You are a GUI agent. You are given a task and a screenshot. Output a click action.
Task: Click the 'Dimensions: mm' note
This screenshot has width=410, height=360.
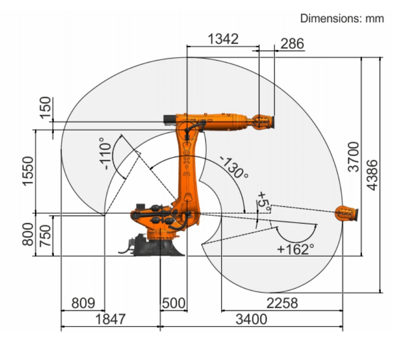click(342, 19)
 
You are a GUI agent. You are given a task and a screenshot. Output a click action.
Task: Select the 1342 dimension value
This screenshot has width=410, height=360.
click(223, 39)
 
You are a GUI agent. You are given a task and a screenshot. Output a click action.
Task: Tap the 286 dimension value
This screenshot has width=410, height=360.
click(292, 44)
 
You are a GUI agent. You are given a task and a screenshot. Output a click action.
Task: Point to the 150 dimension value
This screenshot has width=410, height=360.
click(45, 108)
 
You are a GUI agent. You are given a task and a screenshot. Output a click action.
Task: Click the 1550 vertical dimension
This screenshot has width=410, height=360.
click(28, 171)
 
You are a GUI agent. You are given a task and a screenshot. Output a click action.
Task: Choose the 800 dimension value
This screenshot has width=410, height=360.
click(28, 234)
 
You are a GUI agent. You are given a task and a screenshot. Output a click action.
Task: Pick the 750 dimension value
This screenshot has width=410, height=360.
click(45, 235)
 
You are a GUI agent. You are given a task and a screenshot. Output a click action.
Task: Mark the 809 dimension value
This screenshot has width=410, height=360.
click(83, 303)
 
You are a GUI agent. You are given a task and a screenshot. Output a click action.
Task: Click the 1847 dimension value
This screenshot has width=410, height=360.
click(110, 319)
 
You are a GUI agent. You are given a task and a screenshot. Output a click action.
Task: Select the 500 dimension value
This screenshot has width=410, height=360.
click(174, 303)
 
